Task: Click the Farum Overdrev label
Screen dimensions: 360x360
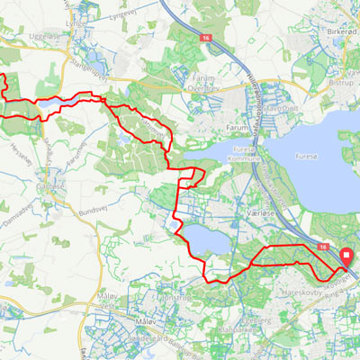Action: click(x=204, y=84)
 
